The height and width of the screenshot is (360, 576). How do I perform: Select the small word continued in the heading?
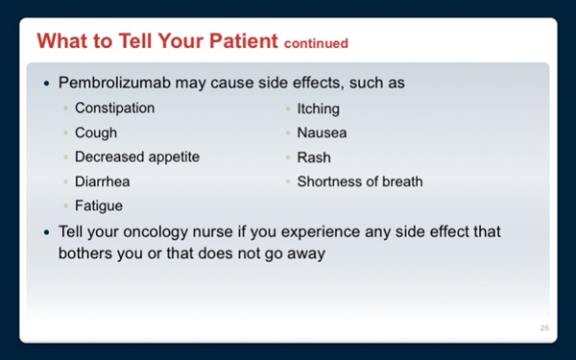pos(316,44)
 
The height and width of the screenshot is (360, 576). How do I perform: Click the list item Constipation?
pos(114,108)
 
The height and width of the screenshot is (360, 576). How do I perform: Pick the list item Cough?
pos(96,133)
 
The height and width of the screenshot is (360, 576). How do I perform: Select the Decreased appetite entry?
pos(137,157)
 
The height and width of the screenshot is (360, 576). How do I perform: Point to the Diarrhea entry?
pos(103,181)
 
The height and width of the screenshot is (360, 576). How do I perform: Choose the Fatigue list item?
pos(99,205)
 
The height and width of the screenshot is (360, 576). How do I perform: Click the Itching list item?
pos(318,109)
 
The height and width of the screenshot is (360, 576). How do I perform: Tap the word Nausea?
pos(322,133)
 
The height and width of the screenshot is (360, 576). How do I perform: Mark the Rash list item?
pos(313,157)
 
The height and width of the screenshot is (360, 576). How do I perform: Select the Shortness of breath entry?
pos(359,181)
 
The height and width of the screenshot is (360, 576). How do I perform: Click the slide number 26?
pos(544,328)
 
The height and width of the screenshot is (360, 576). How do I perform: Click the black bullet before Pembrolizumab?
pos(47,84)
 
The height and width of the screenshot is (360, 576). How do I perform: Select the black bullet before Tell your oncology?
pos(47,233)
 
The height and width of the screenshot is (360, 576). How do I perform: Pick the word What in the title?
pos(60,42)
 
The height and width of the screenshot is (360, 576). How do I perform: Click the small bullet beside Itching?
pos(288,109)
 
